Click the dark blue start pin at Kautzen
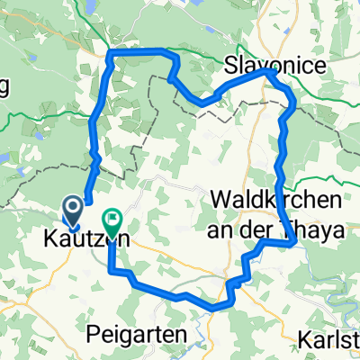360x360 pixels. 73,212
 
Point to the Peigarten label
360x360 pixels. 136,335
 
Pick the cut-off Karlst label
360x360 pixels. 328,344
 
